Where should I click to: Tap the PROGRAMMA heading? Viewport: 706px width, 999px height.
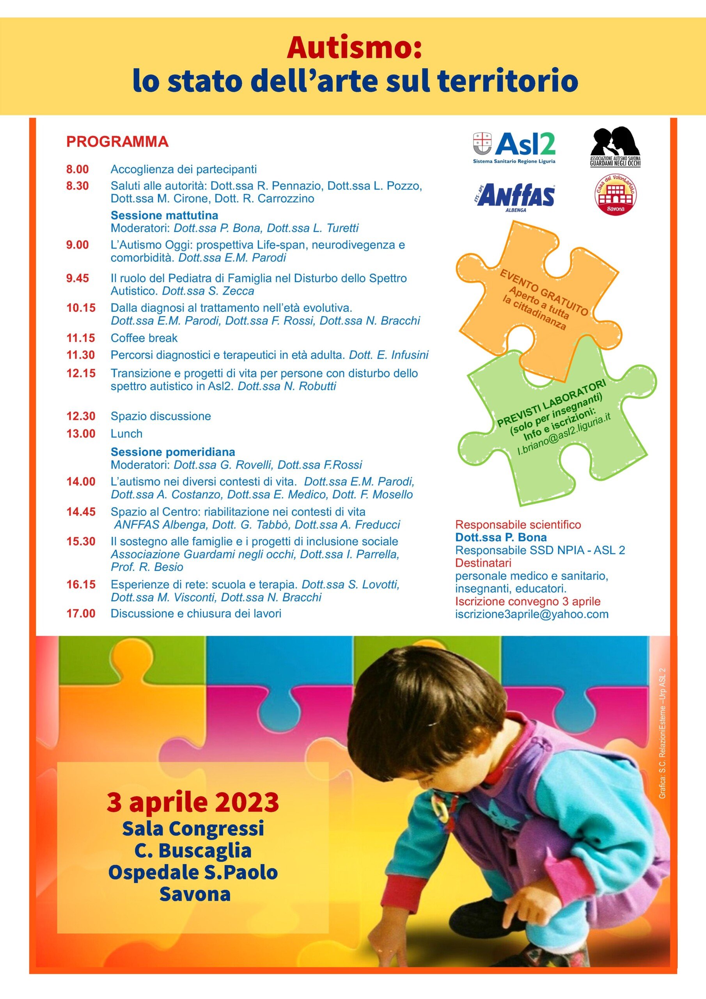coord(117,142)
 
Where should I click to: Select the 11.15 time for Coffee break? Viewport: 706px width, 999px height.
coord(80,338)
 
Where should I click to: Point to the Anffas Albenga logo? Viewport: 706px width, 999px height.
coord(516,196)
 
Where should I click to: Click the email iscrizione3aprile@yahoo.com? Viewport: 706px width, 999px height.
coord(532,614)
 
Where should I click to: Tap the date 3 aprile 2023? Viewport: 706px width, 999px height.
coord(193,803)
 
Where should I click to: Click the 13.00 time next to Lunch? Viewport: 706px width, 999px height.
coord(80,434)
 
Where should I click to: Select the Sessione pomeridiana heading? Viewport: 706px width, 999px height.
coord(173,452)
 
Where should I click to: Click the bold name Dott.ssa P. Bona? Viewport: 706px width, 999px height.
coord(501,537)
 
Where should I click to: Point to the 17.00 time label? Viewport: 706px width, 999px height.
coord(80,613)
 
